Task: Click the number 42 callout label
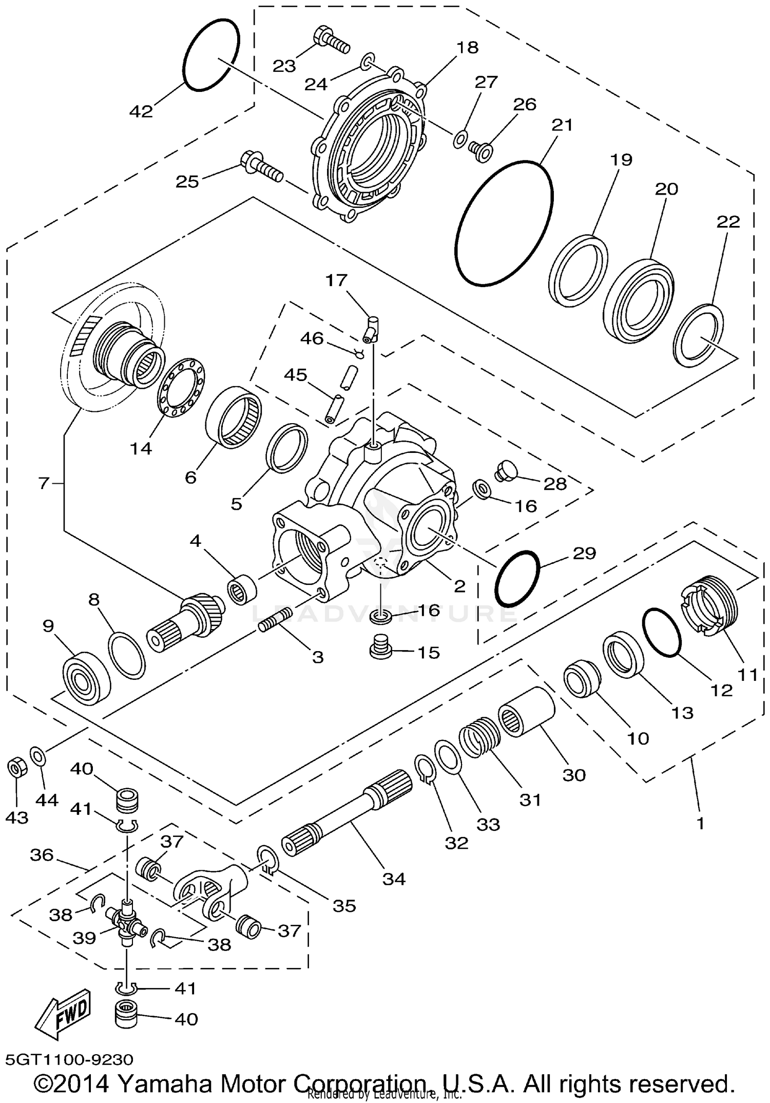point(141,111)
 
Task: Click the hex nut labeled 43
point(17,768)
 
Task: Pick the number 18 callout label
point(467,48)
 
